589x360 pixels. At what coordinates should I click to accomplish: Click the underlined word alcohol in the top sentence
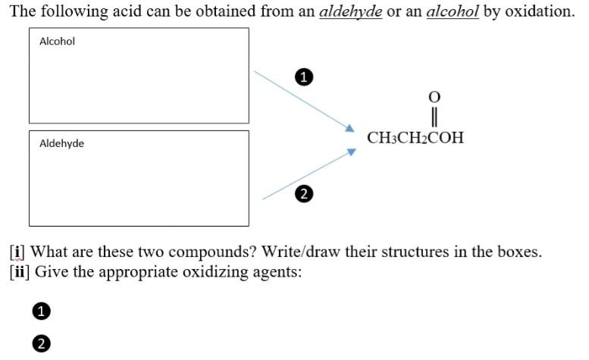point(453,12)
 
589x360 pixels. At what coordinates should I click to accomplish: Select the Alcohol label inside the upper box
point(57,41)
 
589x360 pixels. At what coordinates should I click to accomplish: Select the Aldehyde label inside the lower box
point(61,143)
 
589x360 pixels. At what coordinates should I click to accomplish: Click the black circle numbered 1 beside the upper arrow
point(303,77)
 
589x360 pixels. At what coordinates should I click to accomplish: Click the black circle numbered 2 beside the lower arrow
point(303,194)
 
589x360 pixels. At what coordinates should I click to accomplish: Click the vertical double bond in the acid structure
point(434,117)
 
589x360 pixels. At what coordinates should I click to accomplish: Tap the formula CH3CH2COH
point(415,138)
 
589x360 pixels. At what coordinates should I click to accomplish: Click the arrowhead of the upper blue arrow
point(350,129)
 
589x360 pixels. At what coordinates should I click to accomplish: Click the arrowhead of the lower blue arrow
point(351,152)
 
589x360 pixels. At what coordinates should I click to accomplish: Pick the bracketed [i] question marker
point(16,252)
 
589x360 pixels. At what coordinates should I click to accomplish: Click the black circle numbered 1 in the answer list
point(41,311)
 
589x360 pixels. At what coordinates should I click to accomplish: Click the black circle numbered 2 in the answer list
point(41,343)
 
